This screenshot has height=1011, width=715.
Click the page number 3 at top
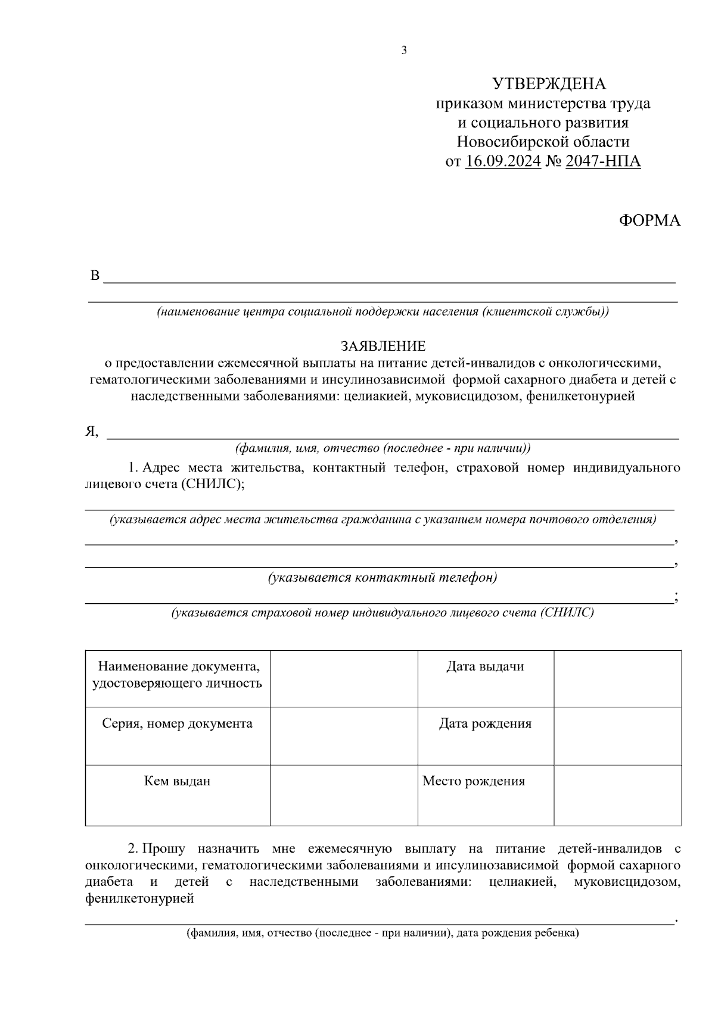point(404,51)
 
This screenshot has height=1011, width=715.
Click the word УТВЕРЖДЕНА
point(548,84)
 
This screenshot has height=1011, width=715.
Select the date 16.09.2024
point(503,161)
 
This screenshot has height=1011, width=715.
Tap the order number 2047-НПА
point(603,161)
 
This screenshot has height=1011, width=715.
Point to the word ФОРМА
point(649,221)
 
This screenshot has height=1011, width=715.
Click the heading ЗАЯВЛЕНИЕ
point(383,346)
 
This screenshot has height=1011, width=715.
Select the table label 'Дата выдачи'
point(485,666)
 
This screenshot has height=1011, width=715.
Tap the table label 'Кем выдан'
point(177,781)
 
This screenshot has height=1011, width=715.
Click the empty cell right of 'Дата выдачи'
point(617,678)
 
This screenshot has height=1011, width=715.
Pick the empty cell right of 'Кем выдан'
point(344,795)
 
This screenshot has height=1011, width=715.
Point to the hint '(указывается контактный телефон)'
point(382,578)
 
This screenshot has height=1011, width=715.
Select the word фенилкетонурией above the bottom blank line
point(139,898)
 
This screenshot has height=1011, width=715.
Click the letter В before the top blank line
point(94,276)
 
